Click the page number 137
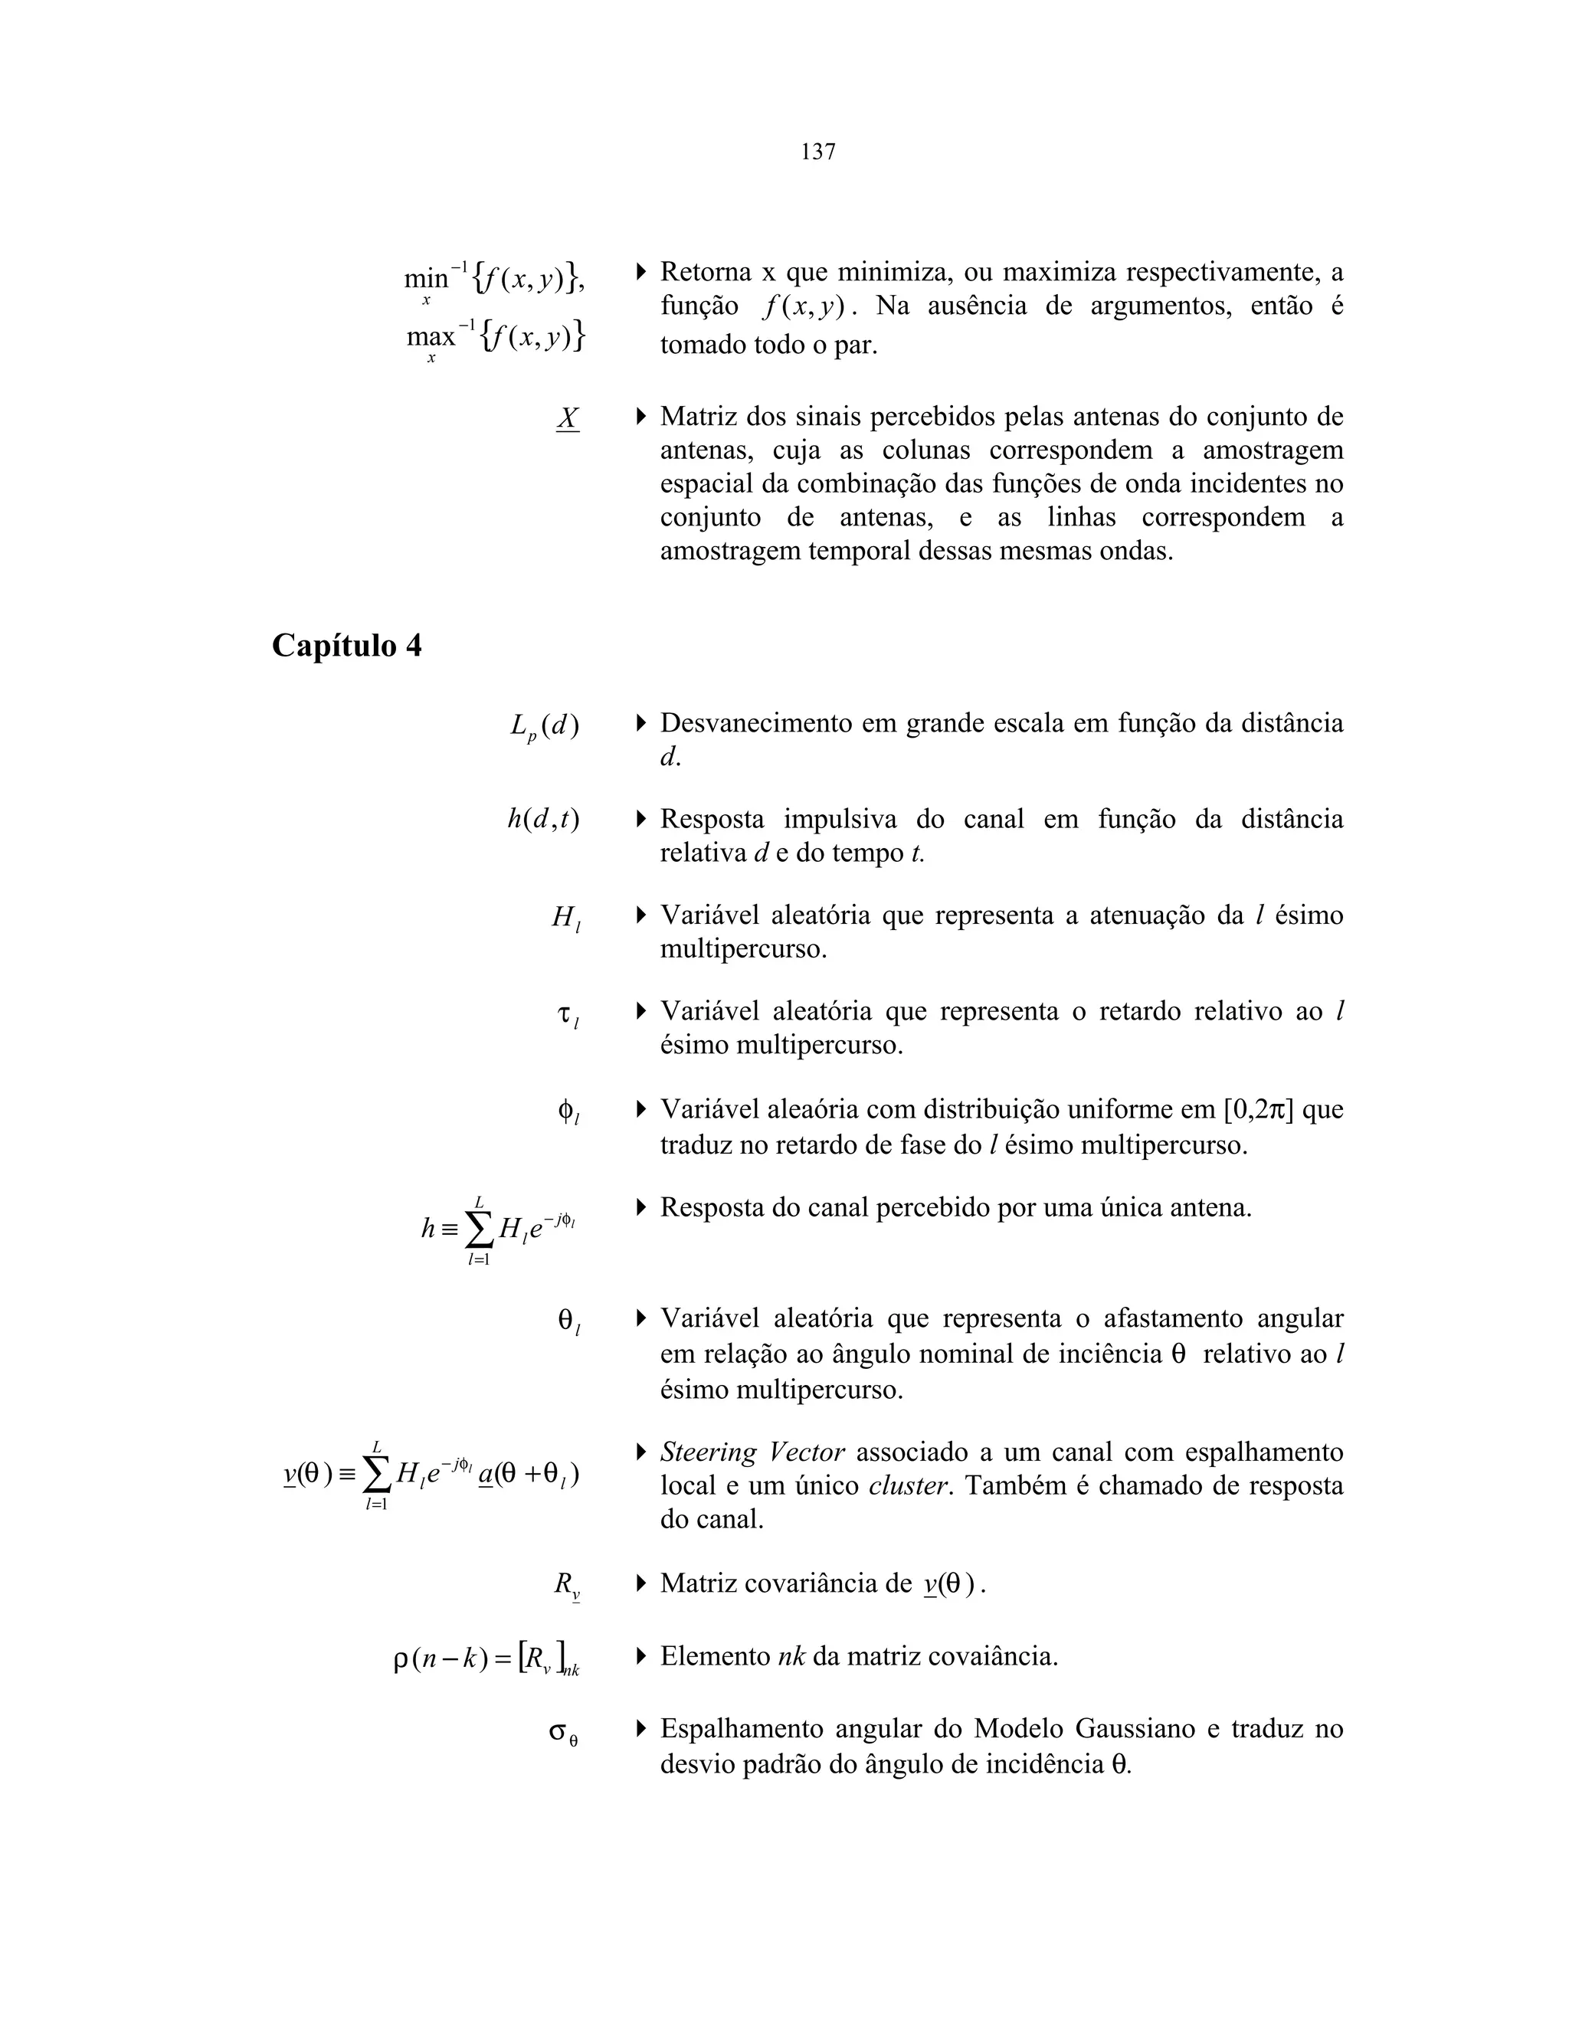(818, 152)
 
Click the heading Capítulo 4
(347, 645)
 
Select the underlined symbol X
(568, 418)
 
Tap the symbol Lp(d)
(545, 725)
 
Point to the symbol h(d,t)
(544, 820)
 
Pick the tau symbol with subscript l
(568, 1016)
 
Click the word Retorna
(706, 273)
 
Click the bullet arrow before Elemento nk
(641, 1655)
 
